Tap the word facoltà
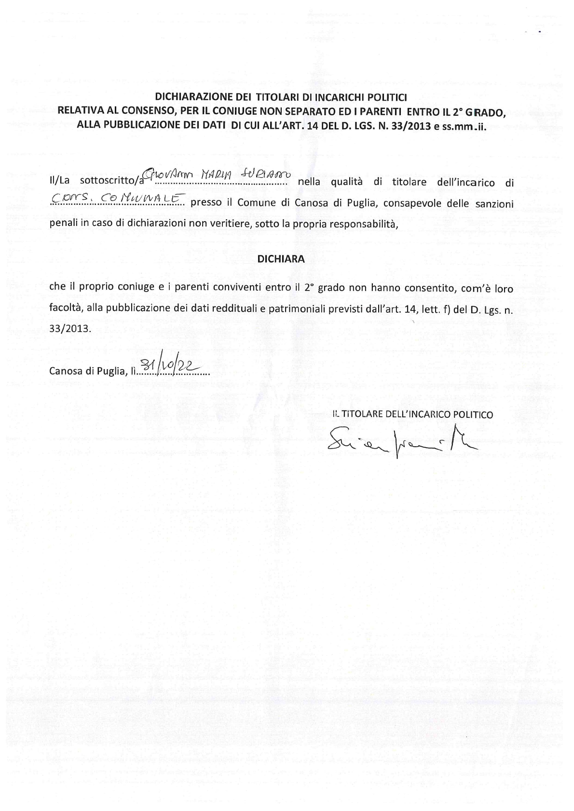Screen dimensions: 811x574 (64, 308)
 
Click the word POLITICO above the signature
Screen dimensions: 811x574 (472, 414)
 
